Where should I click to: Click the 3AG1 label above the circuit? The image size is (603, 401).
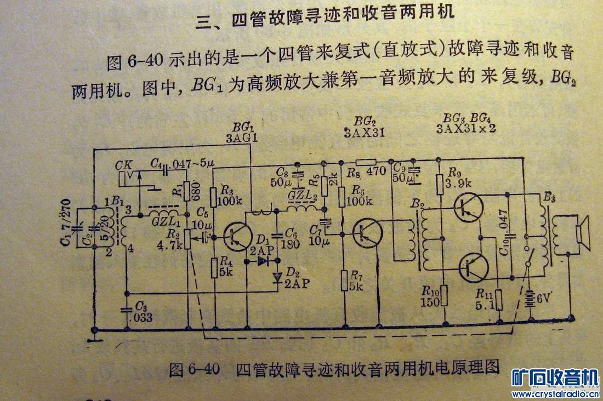(x=242, y=138)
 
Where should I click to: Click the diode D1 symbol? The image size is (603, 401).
(x=267, y=261)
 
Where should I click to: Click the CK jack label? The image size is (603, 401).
(x=125, y=164)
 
